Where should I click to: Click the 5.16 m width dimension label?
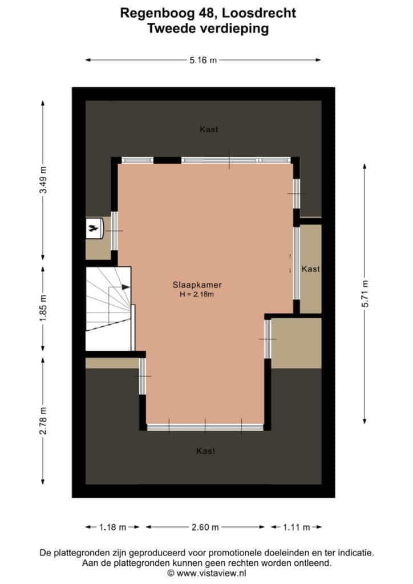click(203, 60)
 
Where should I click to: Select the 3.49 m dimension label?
click(43, 180)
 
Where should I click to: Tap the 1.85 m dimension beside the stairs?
click(43, 309)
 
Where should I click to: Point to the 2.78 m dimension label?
click(43, 420)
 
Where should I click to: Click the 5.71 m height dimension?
click(365, 294)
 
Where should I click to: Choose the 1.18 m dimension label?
click(112, 527)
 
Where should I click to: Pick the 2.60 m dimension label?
click(205, 527)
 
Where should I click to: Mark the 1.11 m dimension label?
click(297, 527)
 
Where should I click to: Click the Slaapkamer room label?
click(197, 285)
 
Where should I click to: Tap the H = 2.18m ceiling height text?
click(197, 294)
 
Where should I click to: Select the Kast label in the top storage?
click(209, 129)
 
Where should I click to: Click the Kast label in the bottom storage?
click(205, 451)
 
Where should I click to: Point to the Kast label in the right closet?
click(310, 269)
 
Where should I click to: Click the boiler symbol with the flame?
click(94, 228)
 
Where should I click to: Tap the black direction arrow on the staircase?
click(126, 287)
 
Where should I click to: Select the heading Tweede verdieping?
click(208, 29)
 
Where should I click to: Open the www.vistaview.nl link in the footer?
click(211, 573)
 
